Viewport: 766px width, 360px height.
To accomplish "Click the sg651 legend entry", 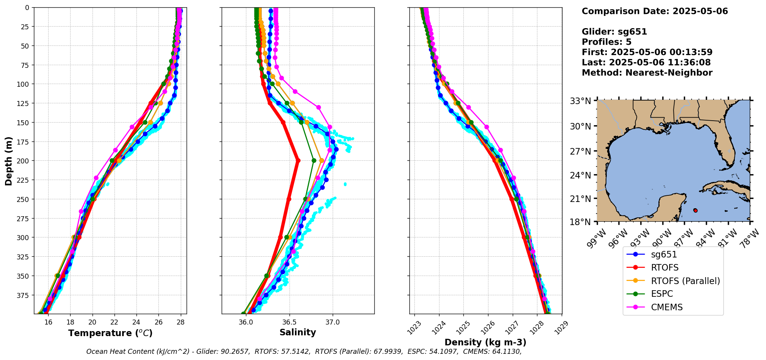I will (x=664, y=254).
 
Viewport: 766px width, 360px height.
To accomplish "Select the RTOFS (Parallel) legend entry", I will (x=685, y=281).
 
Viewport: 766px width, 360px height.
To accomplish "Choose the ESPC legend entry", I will (x=662, y=294).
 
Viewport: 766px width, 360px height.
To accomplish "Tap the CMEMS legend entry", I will (x=667, y=307).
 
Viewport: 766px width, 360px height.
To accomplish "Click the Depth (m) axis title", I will (x=8, y=161).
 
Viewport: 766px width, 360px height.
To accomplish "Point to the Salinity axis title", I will (x=298, y=333).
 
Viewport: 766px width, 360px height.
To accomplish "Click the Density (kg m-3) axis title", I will (x=485, y=342).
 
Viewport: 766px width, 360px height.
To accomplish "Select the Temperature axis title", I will (x=110, y=333).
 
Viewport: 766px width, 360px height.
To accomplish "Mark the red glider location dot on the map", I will (x=695, y=210).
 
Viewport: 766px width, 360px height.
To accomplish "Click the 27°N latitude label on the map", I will (x=580, y=151).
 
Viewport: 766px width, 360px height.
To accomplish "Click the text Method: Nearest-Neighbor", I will (x=647, y=73).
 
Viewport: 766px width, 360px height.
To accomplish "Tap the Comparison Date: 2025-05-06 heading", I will (x=655, y=11).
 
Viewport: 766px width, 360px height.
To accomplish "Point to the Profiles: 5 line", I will (x=606, y=42).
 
